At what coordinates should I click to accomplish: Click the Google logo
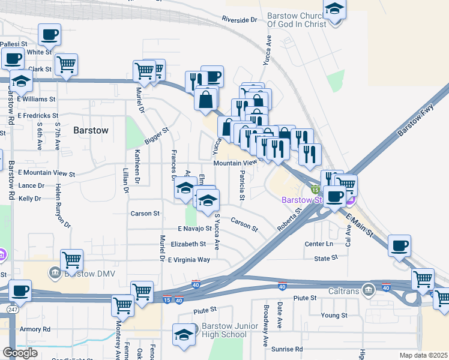click(x=20, y=353)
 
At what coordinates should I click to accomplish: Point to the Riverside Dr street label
click(x=239, y=20)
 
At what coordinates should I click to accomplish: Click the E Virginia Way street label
click(x=189, y=260)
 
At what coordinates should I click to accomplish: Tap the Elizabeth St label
click(x=188, y=244)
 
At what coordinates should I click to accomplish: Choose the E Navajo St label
click(x=194, y=229)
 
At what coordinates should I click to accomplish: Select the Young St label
click(x=334, y=315)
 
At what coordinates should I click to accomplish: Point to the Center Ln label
click(x=319, y=244)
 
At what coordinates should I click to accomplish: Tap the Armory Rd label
click(x=34, y=329)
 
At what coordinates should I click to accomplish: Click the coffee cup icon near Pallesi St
click(x=49, y=34)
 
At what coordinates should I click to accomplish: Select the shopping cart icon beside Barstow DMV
click(x=71, y=260)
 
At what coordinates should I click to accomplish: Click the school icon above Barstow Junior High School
click(x=184, y=334)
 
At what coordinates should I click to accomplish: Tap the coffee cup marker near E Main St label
click(x=399, y=245)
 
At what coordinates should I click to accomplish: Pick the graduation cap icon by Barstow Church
click(x=334, y=10)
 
